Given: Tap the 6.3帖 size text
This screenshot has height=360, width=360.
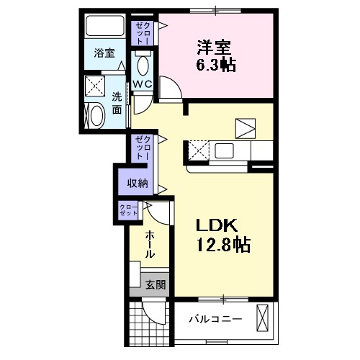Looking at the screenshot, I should tap(217, 65).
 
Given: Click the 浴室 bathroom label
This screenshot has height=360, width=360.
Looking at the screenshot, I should tap(104, 53).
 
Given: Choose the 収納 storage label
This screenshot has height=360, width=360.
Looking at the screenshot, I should tap(138, 183).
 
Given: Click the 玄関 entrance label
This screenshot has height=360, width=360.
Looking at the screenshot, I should tap(156, 285).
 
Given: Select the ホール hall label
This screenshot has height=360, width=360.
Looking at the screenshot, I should tap(150, 244).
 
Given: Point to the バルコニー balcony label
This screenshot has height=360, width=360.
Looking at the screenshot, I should tap(216, 318).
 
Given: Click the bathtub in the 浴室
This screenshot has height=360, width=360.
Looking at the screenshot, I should tap(105, 27).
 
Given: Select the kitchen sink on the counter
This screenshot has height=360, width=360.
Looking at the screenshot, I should tap(222, 151).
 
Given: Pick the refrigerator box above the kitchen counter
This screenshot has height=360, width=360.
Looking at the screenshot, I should tap(245, 127).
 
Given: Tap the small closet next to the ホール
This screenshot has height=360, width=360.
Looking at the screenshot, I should tap(130, 210).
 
